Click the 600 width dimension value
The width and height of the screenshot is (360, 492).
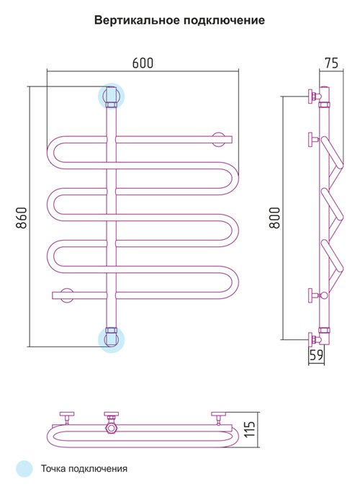pyautogui.click(x=143, y=63)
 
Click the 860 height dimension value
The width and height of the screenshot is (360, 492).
pyautogui.click(x=22, y=218)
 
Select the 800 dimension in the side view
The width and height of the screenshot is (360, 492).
pyautogui.click(x=274, y=218)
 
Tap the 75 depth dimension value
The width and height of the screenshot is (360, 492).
pyautogui.click(x=331, y=63)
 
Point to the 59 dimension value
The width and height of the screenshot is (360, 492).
pyautogui.click(x=316, y=355)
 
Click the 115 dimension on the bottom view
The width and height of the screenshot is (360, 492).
pyautogui.click(x=250, y=429)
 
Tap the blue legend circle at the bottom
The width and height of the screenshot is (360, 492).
pyautogui.click(x=24, y=469)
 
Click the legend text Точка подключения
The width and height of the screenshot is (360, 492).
pyautogui.click(x=84, y=469)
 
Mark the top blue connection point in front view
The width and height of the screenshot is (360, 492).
pyautogui.click(x=112, y=96)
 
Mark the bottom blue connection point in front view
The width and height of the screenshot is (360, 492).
pyautogui.click(x=112, y=339)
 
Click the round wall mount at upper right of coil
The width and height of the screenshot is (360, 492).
pyautogui.click(x=219, y=139)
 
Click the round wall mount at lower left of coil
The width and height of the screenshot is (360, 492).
pyautogui.click(x=66, y=295)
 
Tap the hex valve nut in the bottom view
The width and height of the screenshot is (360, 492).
pyautogui.click(x=112, y=427)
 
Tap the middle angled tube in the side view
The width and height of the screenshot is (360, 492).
pyautogui.click(x=332, y=203)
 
